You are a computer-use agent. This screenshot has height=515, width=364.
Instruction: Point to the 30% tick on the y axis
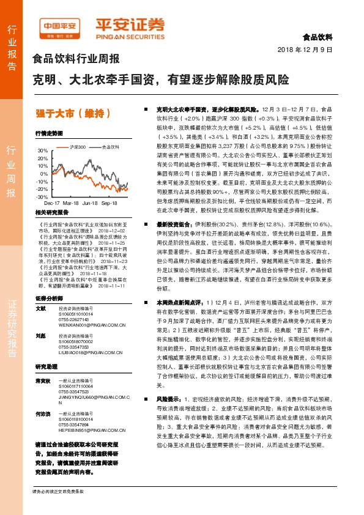pos(42,150)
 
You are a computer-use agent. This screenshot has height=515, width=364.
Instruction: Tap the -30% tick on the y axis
pos(42,197)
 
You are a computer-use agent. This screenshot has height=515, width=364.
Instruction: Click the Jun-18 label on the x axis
pos(90,202)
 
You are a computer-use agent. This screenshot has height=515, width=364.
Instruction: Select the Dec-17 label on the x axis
pos(52,202)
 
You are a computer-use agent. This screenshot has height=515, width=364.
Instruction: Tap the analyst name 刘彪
pos(41,336)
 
